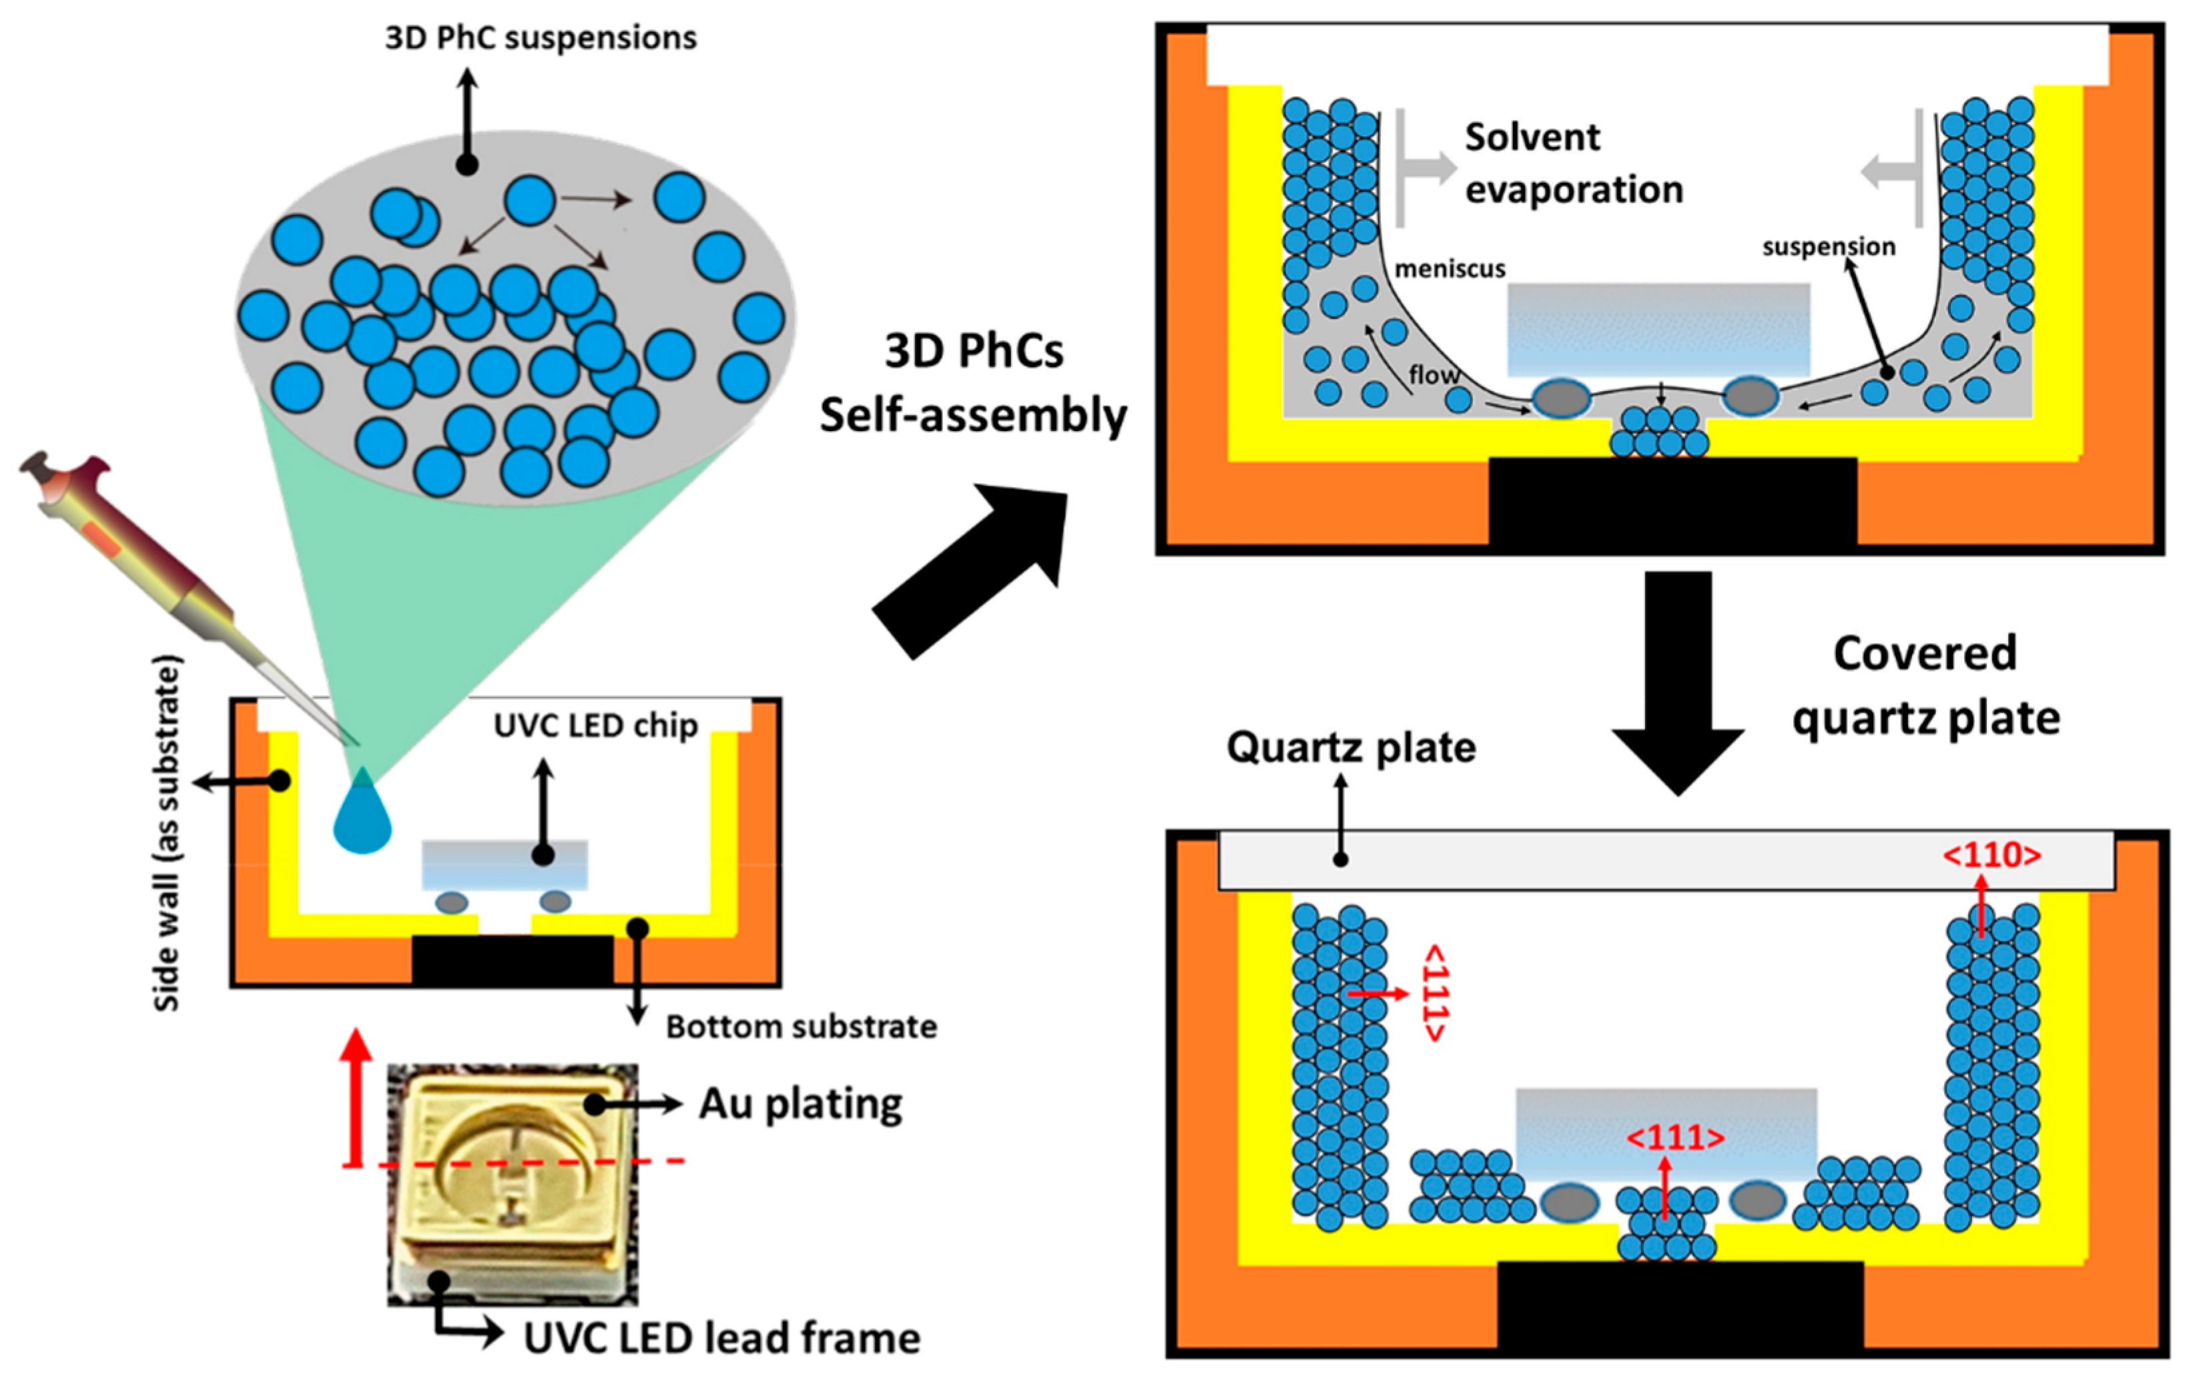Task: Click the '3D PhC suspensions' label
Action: [x=540, y=38]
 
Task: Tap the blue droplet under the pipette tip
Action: [x=362, y=817]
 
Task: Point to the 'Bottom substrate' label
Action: [x=801, y=1027]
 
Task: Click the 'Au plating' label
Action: [x=800, y=1104]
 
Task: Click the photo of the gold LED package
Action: [x=511, y=1186]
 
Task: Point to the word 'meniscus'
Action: [x=1450, y=269]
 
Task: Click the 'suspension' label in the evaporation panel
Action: [x=1829, y=247]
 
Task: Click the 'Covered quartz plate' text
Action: [x=1925, y=686]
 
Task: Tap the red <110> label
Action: [x=1991, y=855]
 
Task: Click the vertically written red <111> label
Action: [x=1435, y=992]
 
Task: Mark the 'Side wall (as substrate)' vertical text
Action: [x=167, y=832]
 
